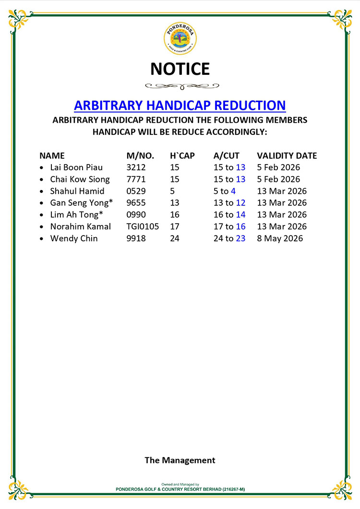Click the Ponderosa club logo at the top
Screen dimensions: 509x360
click(x=180, y=38)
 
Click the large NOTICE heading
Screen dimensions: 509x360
click(x=180, y=69)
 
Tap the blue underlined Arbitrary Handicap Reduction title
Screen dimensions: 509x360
click(x=180, y=105)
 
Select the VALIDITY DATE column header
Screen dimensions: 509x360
click(x=287, y=156)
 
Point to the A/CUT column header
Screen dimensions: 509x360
click(x=226, y=156)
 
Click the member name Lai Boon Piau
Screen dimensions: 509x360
click(x=76, y=167)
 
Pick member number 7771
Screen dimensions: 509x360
click(x=136, y=179)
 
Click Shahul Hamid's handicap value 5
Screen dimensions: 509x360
click(x=172, y=191)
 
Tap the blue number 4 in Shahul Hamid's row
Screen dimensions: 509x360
click(x=233, y=191)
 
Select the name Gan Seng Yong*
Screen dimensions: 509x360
click(x=81, y=203)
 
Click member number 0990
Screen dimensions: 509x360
click(x=136, y=214)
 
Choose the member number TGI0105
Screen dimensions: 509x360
click(x=143, y=226)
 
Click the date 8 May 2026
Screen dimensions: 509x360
click(x=280, y=238)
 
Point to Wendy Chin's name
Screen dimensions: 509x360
click(x=73, y=238)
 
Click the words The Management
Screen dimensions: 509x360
click(x=180, y=460)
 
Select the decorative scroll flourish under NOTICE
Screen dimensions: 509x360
click(x=180, y=86)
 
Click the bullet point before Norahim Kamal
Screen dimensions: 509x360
click(x=43, y=227)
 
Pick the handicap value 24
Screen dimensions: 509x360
click(x=175, y=238)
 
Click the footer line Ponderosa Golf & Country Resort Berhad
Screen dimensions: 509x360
click(x=180, y=489)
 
